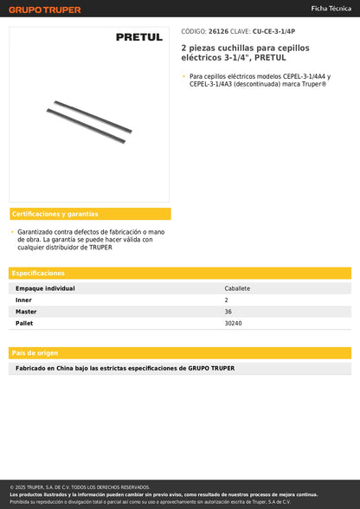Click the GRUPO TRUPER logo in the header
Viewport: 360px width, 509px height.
[x=45, y=10]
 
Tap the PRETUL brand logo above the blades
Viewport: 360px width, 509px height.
[x=139, y=37]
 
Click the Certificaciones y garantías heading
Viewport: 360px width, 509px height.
[x=55, y=214]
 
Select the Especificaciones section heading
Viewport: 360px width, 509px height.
[x=38, y=273]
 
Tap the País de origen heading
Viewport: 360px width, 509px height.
[x=35, y=352]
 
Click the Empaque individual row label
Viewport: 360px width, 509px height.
[x=46, y=288]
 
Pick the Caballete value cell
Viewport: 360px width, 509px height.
[x=238, y=288]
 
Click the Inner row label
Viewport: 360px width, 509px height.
[x=24, y=300]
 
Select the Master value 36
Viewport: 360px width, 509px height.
[x=228, y=311]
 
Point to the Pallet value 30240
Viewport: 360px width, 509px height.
[x=234, y=322]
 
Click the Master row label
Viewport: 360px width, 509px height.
[x=26, y=311]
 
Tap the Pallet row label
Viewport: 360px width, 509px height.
[x=24, y=322]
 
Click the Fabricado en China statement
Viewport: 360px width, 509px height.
[x=125, y=368]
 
